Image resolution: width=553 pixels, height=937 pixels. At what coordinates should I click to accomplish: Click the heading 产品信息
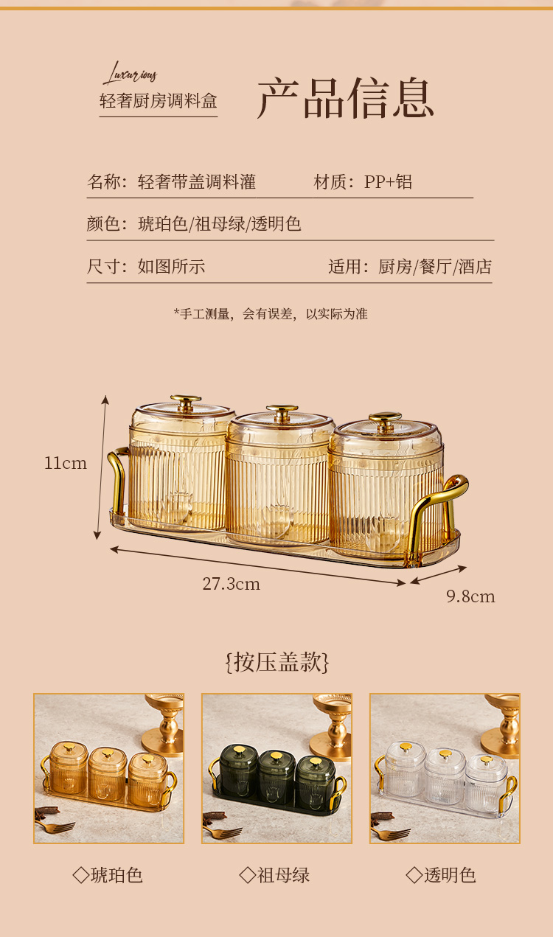[346, 98]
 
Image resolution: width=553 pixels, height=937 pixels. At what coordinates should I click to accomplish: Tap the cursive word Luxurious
[130, 74]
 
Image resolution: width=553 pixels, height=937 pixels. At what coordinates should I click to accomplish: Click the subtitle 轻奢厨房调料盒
[159, 101]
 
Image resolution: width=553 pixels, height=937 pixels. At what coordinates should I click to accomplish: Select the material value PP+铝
[388, 182]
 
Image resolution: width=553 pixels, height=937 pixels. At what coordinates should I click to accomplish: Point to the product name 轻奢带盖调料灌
[197, 182]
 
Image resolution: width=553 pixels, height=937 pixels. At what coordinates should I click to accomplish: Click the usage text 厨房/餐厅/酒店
[435, 266]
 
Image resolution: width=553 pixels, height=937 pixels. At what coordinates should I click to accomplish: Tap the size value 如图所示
[172, 266]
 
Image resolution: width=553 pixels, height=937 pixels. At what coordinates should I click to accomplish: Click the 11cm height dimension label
[66, 463]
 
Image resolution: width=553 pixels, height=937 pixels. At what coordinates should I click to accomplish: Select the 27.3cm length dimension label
[232, 584]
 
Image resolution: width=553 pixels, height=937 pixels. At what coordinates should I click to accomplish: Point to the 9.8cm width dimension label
[470, 596]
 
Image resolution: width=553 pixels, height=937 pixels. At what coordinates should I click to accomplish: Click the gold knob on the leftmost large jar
[185, 402]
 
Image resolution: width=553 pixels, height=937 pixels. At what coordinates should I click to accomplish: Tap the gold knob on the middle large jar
[282, 411]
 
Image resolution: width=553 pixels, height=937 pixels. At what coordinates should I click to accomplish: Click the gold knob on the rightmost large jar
[385, 420]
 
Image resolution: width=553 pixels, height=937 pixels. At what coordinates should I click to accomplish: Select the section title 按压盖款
[277, 662]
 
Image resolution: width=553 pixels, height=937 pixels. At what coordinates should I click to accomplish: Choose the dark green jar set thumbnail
[276, 768]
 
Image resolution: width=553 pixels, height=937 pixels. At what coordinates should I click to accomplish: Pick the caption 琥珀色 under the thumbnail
[108, 875]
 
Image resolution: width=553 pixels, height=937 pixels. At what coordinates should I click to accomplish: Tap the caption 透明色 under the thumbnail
[441, 875]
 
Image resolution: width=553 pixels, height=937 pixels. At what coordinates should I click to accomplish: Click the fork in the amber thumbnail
[55, 826]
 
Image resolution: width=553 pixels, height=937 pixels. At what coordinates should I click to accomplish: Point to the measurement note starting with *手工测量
[271, 314]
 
